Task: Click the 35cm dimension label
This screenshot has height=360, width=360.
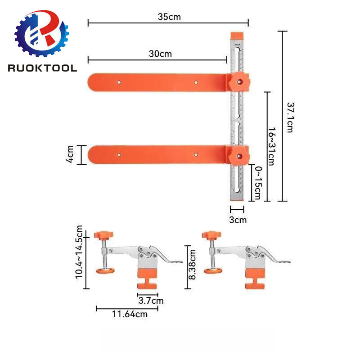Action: [x=169, y=17]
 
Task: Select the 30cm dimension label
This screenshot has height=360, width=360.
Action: [x=160, y=54]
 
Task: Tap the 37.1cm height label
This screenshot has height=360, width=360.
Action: [x=290, y=116]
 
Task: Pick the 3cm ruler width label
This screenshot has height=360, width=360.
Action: [x=238, y=220]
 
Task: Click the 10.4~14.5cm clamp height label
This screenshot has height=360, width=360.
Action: [x=80, y=252]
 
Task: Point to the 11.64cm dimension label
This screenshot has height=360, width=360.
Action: [x=128, y=314]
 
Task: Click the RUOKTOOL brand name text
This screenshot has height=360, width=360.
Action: [x=42, y=68]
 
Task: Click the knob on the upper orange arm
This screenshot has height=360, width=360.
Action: [x=239, y=81]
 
